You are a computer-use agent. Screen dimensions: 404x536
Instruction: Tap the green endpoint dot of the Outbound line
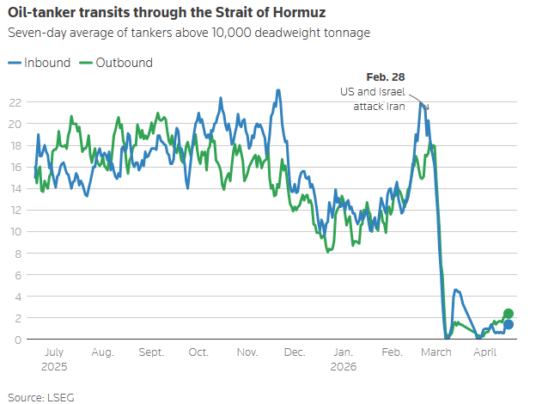[509, 314]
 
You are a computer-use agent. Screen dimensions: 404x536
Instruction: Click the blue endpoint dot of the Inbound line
[509, 324]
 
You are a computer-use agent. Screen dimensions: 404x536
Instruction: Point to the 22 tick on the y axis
[14, 101]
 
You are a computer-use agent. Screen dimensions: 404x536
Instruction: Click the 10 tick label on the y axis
[14, 231]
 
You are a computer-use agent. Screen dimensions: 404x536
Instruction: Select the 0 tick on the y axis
[17, 340]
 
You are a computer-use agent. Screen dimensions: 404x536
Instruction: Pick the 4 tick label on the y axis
[17, 297]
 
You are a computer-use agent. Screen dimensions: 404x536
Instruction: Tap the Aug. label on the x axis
[103, 352]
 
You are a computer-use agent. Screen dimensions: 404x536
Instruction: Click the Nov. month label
[247, 352]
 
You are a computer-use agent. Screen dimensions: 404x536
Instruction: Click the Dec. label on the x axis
[295, 352]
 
